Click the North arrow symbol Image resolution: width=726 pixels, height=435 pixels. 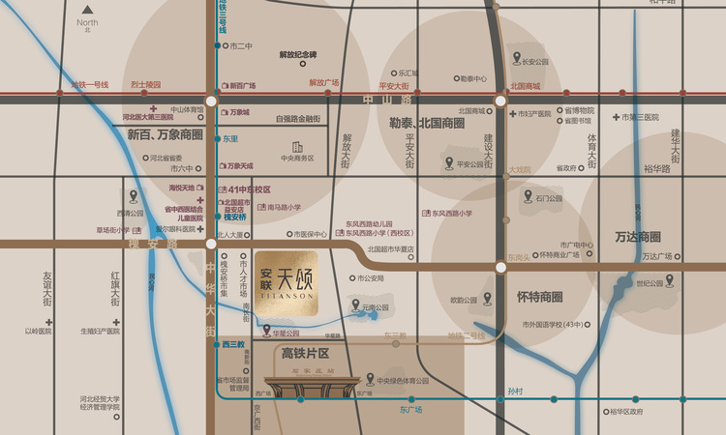tap(87, 10)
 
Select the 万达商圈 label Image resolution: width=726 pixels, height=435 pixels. tap(637, 237)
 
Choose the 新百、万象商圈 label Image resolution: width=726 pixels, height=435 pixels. tap(166, 135)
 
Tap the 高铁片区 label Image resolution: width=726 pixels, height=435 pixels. tap(306, 354)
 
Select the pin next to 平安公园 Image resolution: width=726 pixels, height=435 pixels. tap(448, 162)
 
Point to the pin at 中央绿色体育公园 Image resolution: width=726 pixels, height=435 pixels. tap(370, 379)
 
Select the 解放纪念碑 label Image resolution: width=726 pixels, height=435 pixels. tap(297, 54)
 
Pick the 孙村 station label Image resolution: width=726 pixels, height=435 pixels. tap(515, 391)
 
